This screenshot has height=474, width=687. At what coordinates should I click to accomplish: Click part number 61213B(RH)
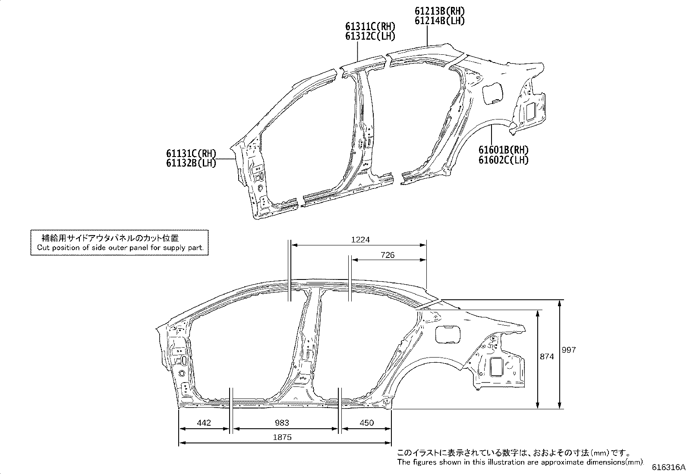pyautogui.click(x=440, y=11)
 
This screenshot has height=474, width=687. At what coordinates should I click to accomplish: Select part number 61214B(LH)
pyautogui.click(x=440, y=21)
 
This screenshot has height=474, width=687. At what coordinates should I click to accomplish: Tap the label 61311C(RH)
pyautogui.click(x=370, y=27)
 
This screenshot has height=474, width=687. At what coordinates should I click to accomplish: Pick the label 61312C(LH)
pyautogui.click(x=370, y=36)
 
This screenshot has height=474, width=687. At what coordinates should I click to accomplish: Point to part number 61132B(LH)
pyautogui.click(x=191, y=163)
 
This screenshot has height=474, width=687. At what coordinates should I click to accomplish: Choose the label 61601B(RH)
pyautogui.click(x=503, y=150)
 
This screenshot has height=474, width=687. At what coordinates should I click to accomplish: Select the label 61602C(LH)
pyautogui.click(x=503, y=160)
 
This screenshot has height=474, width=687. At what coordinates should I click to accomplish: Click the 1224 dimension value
pyautogui.click(x=360, y=240)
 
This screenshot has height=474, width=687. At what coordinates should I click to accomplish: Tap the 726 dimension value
pyautogui.click(x=388, y=255)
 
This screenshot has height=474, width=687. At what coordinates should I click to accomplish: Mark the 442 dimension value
pyautogui.click(x=203, y=423)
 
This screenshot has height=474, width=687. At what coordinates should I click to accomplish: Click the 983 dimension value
pyautogui.click(x=282, y=423)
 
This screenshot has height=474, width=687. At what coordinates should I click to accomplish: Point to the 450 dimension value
pyautogui.click(x=366, y=423)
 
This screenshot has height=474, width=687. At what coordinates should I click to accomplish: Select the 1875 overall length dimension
pyautogui.click(x=282, y=437)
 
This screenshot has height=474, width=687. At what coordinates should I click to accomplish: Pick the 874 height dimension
pyautogui.click(x=547, y=357)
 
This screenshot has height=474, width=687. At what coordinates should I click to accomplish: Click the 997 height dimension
pyautogui.click(x=569, y=350)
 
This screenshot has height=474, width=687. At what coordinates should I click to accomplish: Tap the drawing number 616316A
pyautogui.click(x=668, y=468)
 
